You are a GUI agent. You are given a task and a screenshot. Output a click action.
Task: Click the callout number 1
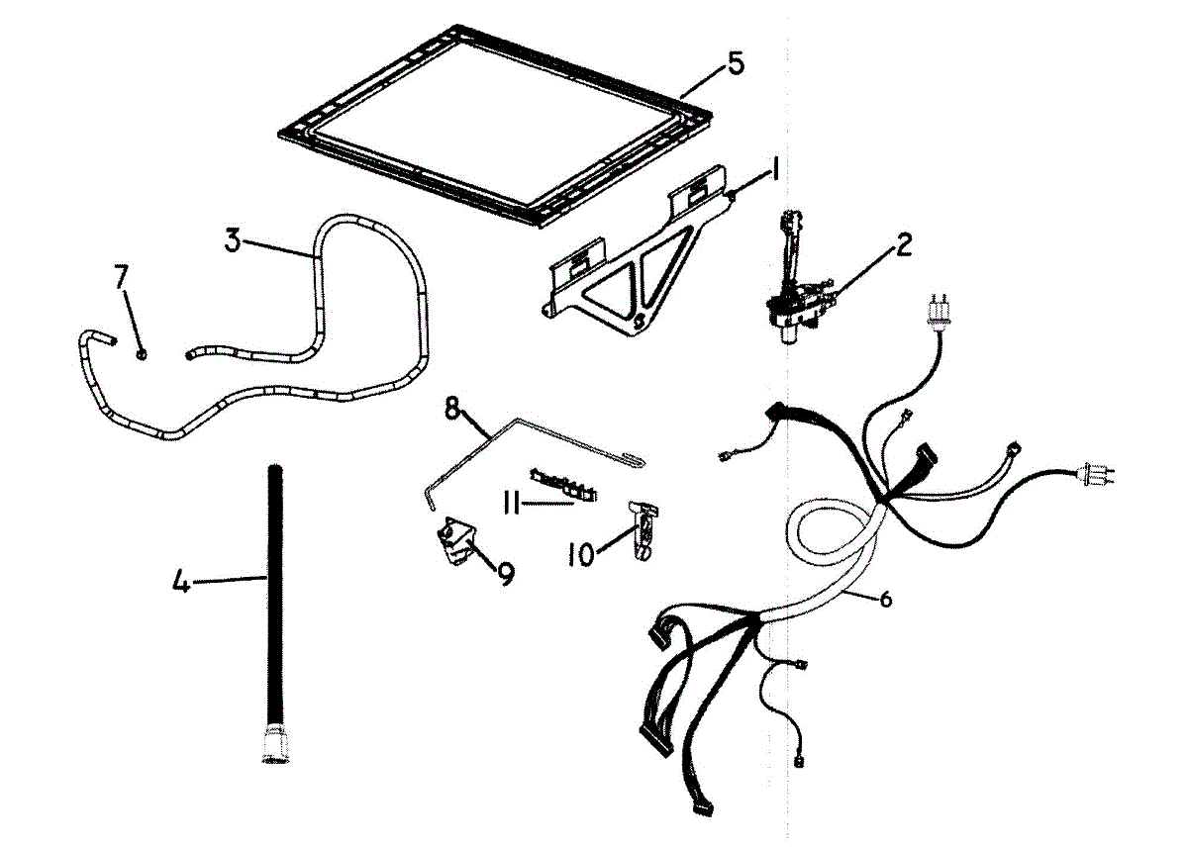[775, 171]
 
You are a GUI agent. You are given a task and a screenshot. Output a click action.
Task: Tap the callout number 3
[233, 240]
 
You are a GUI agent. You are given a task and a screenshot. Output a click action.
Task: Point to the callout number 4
[180, 583]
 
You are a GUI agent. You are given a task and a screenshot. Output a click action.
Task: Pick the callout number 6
[885, 600]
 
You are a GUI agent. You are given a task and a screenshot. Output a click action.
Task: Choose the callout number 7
[122, 277]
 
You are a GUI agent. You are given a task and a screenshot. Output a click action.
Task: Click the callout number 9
[506, 573]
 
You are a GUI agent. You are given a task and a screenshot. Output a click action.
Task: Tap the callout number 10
[581, 555]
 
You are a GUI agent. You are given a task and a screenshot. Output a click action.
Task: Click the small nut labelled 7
[143, 353]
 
